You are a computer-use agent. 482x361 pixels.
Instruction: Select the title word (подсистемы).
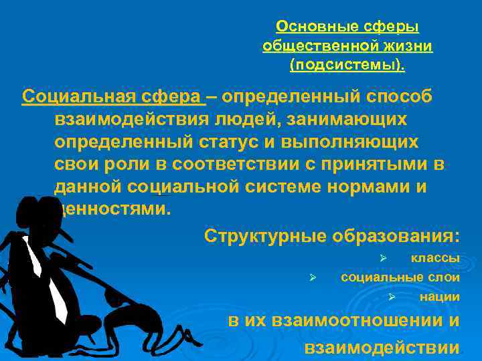[347, 66]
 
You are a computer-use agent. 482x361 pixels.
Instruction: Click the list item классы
[434, 258]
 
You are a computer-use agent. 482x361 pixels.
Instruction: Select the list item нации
[439, 297]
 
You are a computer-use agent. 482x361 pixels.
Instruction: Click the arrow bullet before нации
[393, 297]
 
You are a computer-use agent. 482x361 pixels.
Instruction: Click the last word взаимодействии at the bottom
[382, 347]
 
